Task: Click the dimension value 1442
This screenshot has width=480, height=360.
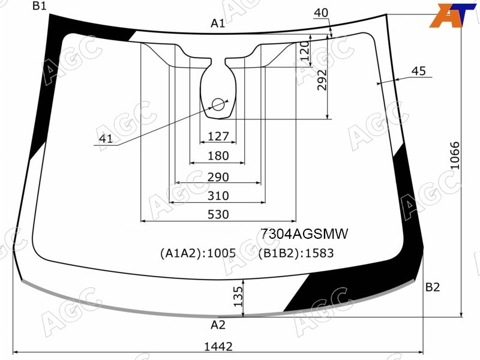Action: (218, 347)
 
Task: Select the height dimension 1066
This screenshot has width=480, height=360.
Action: (455, 155)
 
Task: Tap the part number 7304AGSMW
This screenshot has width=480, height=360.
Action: (304, 234)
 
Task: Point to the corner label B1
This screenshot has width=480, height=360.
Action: (40, 6)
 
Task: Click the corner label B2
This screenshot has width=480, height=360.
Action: (433, 287)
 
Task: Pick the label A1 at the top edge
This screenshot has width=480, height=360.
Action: (218, 23)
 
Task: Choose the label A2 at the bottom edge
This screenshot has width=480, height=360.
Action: (218, 325)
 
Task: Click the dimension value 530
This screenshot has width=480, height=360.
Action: (218, 214)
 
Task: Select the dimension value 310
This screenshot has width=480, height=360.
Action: (218, 196)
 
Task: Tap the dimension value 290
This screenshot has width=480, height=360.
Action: (218, 177)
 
